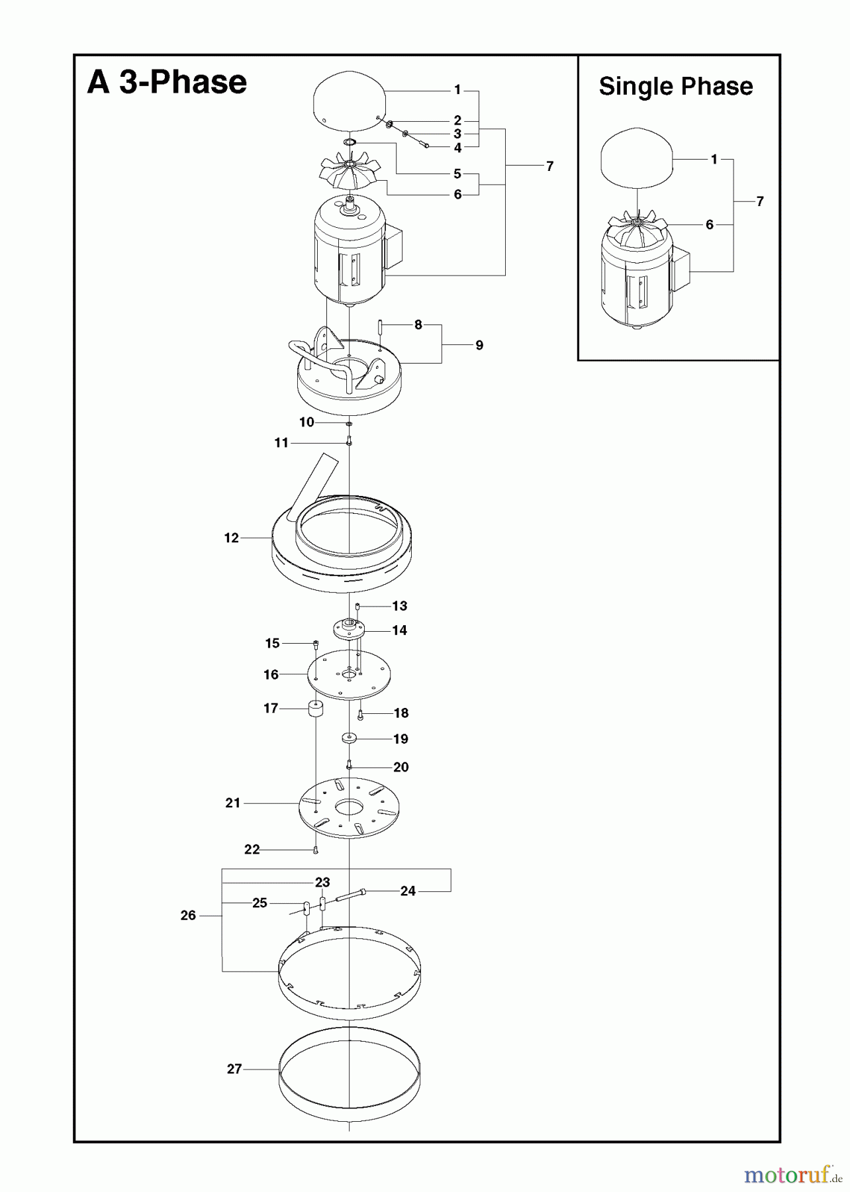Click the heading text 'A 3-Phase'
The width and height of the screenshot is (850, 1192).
pos(167,83)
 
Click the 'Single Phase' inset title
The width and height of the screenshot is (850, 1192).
pos(675,87)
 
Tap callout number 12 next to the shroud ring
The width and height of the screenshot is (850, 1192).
pos(231,538)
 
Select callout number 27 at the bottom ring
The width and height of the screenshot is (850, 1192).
pos(234,1069)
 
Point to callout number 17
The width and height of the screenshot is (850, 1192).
pos(270,709)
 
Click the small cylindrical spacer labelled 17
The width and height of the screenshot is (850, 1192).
pos(315,709)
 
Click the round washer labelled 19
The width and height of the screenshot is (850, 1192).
pos(349,738)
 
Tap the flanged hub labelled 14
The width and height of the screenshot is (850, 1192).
pos(349,628)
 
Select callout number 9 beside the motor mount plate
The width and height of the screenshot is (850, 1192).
pos(479,345)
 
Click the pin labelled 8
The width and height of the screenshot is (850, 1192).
pos(381,326)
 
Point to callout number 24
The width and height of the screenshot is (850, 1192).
pos(408,891)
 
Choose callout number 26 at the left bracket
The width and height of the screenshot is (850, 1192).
pos(188,915)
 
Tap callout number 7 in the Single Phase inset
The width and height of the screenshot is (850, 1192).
pos(759,201)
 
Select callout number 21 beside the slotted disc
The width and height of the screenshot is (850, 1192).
pos(232,803)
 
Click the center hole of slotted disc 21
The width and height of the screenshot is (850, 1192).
pos(349,808)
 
